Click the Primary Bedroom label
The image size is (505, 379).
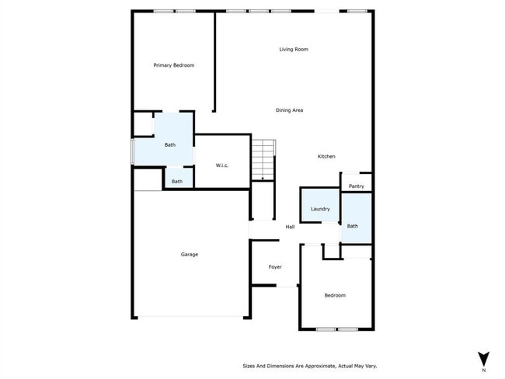[173, 65]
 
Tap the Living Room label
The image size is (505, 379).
[294, 50]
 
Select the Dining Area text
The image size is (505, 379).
[289, 110]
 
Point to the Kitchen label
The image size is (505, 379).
[326, 157]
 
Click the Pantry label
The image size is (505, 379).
[356, 186]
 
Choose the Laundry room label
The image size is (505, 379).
[320, 209]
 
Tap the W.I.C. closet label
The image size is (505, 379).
[221, 165]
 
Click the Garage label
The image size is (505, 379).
[190, 254]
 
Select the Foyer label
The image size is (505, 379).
[275, 267]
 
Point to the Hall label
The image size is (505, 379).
[290, 227]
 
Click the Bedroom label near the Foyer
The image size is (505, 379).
[335, 295]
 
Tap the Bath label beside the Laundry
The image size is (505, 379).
[352, 226]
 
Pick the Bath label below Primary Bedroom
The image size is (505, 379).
[170, 144]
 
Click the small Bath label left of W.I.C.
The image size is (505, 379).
[177, 182]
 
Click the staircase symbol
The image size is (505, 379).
[263, 158]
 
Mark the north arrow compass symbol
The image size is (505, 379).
[483, 358]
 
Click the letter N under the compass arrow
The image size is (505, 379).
[483, 370]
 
